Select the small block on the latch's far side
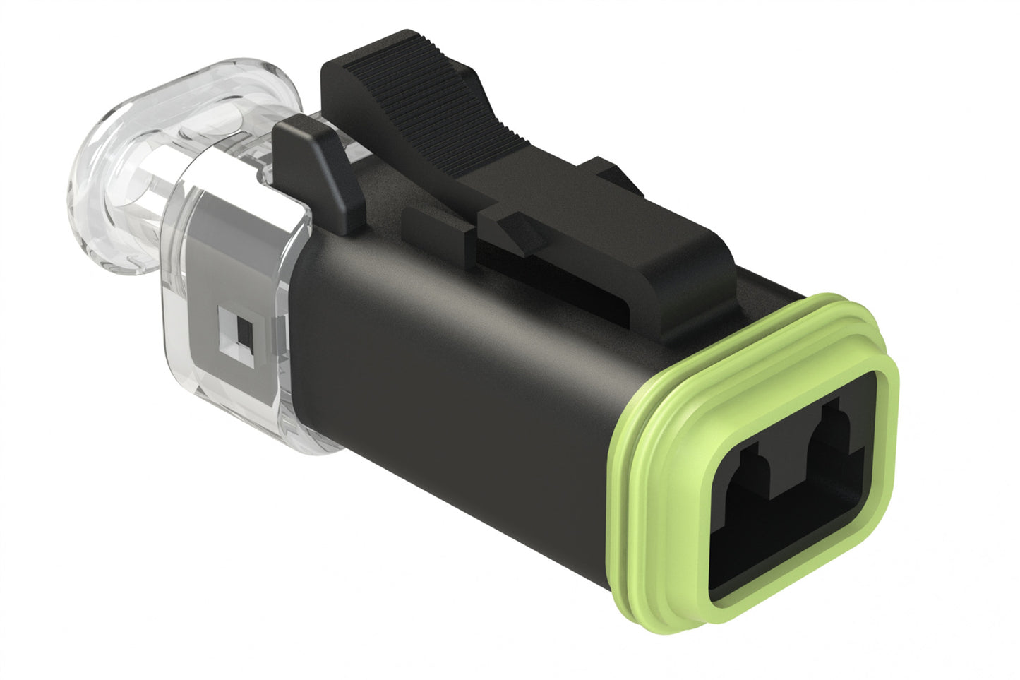click(607, 177)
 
